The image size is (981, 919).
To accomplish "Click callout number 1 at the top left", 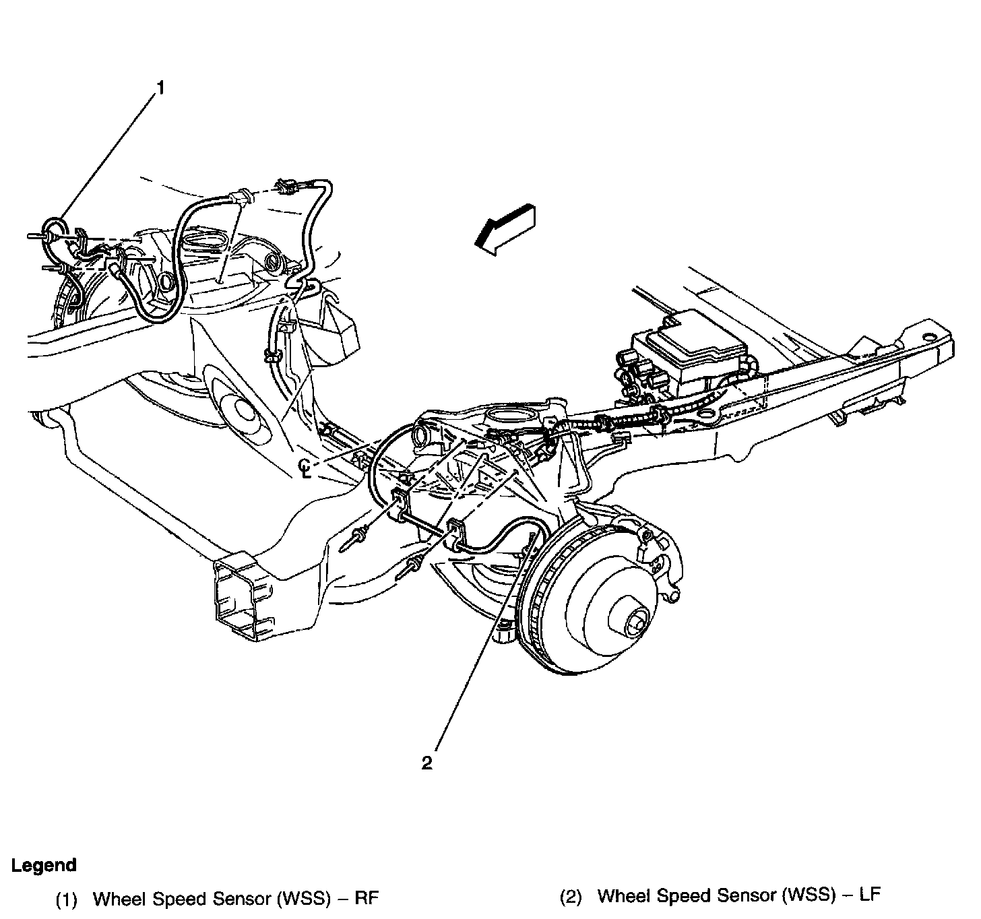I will click(x=160, y=87).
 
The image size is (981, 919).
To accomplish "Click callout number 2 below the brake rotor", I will click(x=426, y=763).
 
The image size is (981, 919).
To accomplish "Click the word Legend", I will click(x=44, y=865).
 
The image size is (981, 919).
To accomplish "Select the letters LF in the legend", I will click(x=870, y=895).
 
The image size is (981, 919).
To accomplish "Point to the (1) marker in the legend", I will click(x=67, y=898).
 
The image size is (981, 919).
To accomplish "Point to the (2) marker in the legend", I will click(x=571, y=897).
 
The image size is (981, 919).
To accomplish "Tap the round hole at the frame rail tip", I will click(x=932, y=336).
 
